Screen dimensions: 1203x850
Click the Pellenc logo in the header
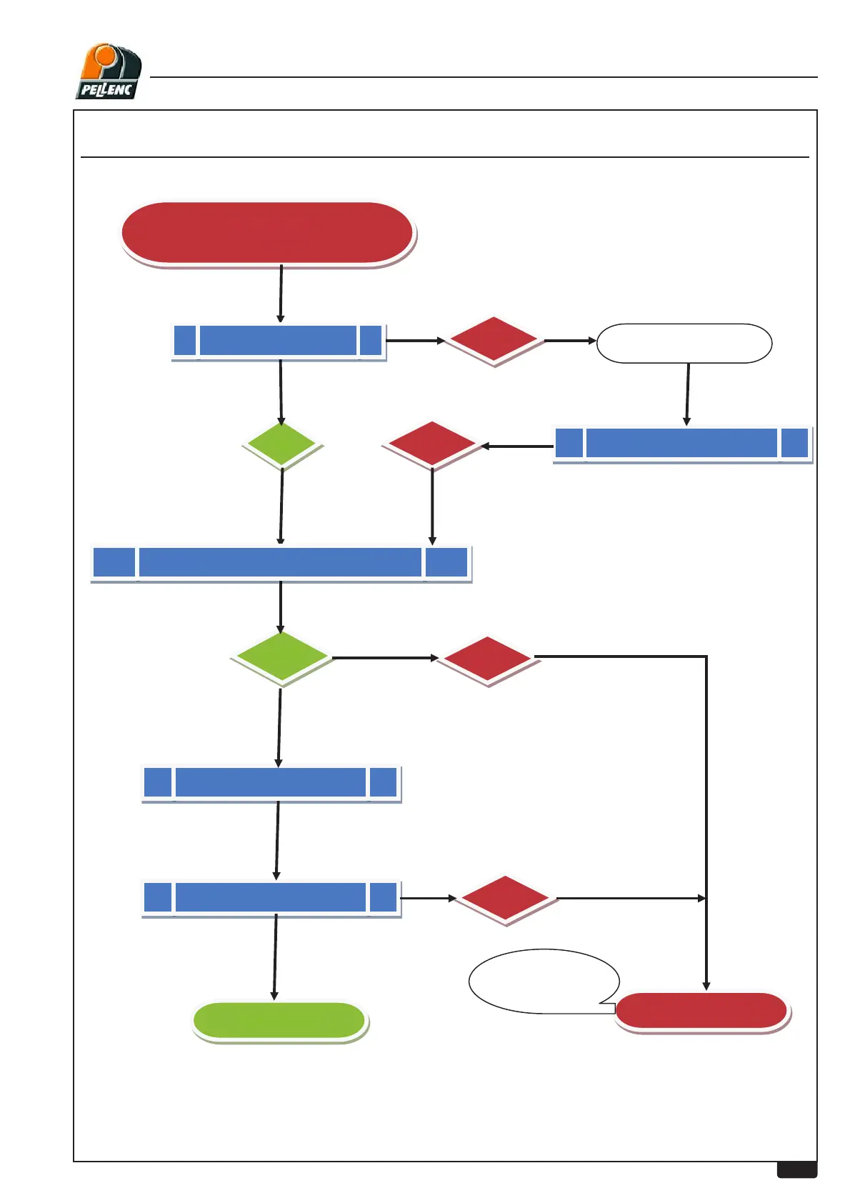coord(109,71)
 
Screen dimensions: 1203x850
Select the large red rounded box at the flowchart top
coord(268,233)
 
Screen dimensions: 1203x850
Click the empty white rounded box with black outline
coord(684,344)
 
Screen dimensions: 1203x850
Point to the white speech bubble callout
coord(543,980)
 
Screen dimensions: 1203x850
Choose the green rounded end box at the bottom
coord(280,1021)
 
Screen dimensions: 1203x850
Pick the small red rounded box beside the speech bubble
coord(701,1011)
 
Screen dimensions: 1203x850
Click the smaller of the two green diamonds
coord(282,444)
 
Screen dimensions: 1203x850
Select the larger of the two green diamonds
coord(282,657)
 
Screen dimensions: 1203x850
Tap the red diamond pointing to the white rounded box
coord(494,341)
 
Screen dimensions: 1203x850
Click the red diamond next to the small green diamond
coord(432,444)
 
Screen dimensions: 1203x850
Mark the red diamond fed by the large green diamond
coord(487,658)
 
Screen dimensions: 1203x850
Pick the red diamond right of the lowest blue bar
coord(506,899)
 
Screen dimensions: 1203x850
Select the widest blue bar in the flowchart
coord(281,563)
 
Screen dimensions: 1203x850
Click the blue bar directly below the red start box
coord(279,341)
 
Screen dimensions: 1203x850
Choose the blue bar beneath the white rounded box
coord(682,444)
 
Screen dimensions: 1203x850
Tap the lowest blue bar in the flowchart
coord(271,898)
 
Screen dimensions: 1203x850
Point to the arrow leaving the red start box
coord(281,294)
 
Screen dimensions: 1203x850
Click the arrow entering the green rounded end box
coord(275,957)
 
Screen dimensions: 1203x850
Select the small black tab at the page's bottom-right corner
coord(796,1169)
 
